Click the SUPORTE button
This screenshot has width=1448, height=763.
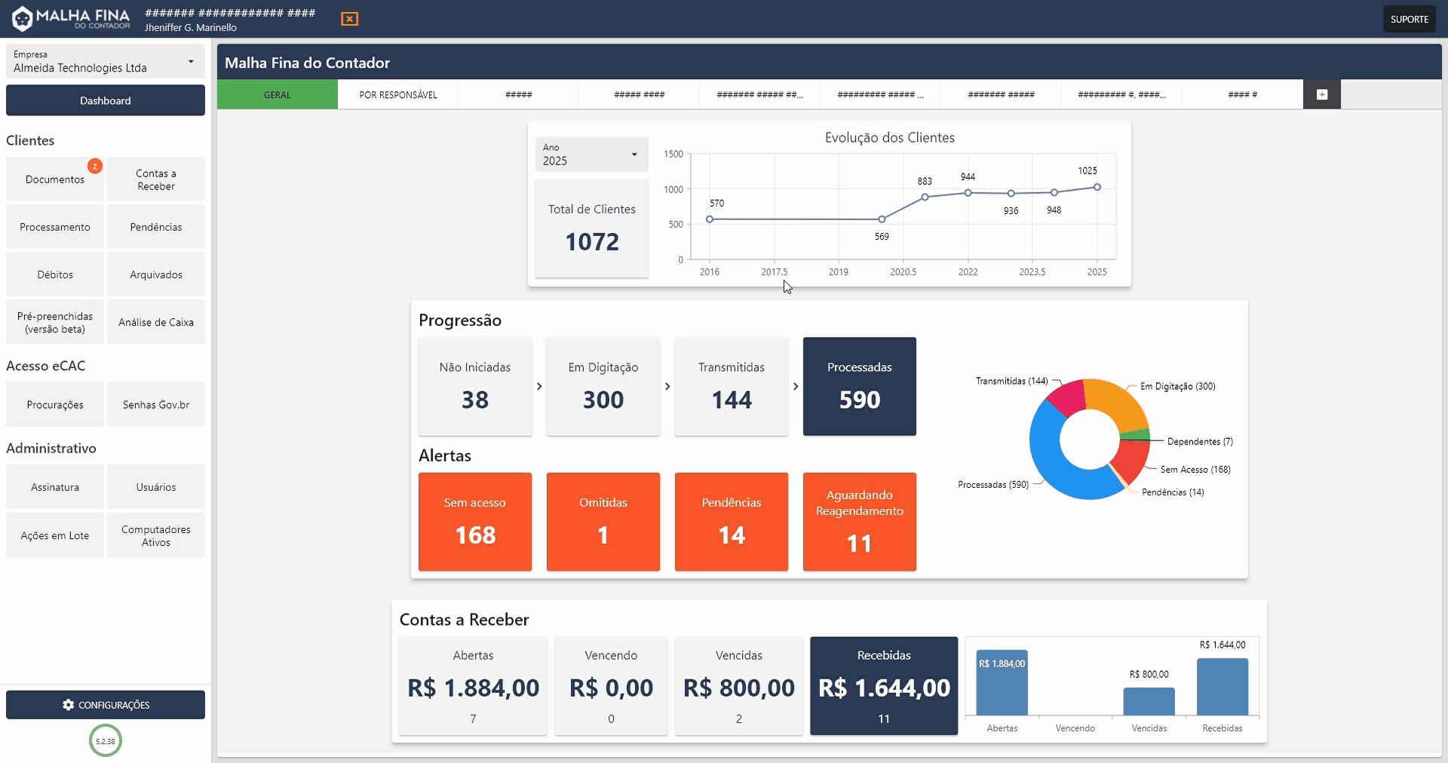[1409, 19]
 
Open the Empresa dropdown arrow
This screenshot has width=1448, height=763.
[191, 62]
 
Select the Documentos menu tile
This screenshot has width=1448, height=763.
[55, 179]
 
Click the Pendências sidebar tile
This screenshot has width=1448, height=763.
[155, 227]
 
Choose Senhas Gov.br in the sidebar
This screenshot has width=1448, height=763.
[155, 405]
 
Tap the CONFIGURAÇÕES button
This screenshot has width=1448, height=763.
[106, 705]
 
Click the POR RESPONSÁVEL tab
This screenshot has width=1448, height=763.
[397, 95]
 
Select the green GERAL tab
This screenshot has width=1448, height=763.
[277, 95]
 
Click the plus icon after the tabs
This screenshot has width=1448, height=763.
[1321, 95]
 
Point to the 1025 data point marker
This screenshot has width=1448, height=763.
[1097, 187]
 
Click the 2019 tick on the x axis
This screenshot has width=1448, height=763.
[838, 272]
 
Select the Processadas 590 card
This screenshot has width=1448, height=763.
[859, 386]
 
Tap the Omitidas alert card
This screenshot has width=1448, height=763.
[603, 521]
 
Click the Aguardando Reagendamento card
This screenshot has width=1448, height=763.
[859, 521]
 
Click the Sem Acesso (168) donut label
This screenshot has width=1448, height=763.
[1195, 470]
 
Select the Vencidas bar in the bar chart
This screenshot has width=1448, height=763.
[1148, 701]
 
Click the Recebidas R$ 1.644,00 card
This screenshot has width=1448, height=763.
[883, 685]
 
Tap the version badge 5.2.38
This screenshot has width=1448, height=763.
[106, 741]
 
